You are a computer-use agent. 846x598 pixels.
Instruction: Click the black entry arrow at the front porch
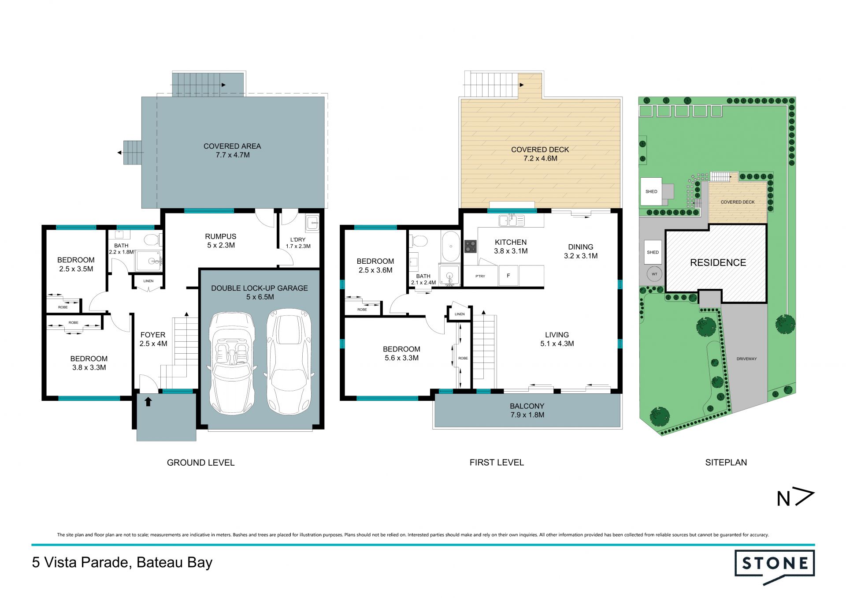point(148,401)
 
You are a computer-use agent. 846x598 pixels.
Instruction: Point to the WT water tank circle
point(654,274)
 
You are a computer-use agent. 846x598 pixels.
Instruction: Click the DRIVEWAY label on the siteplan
point(746,359)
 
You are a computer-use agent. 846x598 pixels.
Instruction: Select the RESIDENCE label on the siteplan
point(718,263)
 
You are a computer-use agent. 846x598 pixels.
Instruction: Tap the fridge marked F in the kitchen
point(508,276)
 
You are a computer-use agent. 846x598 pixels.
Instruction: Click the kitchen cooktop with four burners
point(471,246)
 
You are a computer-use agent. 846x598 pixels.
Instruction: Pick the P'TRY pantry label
point(480,276)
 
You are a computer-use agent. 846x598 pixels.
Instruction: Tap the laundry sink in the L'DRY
point(313,223)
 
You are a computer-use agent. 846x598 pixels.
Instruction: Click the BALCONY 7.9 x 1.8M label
point(527,411)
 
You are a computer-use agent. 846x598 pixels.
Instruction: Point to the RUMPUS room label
point(221,236)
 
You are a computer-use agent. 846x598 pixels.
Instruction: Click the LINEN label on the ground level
point(148,281)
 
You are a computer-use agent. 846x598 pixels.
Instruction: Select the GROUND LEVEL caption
point(200,463)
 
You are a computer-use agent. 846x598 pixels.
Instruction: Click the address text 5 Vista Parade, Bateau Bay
point(122,563)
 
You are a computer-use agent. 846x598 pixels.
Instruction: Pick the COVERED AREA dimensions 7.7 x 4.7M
point(232,155)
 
